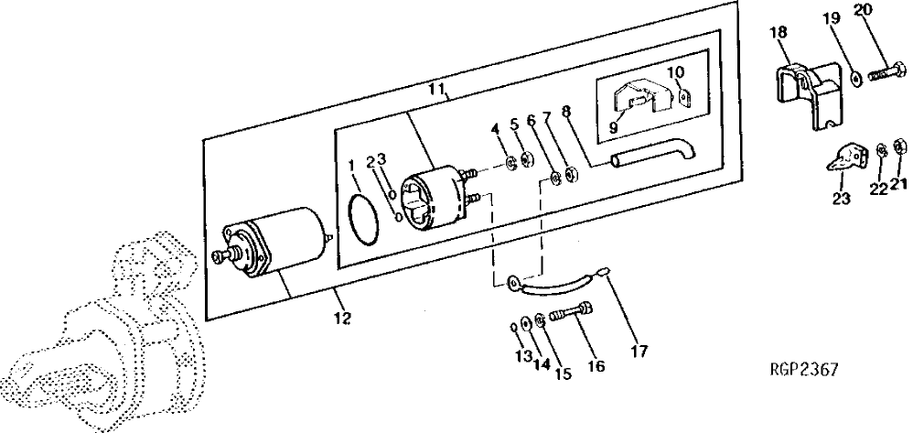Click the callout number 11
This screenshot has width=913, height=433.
437,90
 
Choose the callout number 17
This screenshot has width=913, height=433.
638,351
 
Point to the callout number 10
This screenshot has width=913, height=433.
674,71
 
